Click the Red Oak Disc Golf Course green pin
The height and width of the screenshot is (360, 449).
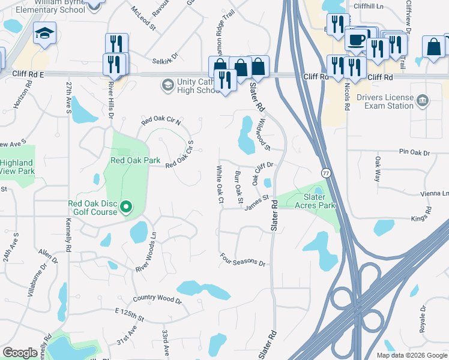coord(126,208)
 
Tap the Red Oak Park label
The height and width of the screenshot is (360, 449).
coord(135,160)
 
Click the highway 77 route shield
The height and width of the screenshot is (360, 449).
coord(325,173)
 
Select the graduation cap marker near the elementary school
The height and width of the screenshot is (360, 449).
coord(44,35)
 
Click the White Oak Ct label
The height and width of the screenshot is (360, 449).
coord(220,184)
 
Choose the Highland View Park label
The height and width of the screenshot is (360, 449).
coord(16,167)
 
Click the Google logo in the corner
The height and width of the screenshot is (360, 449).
coord(20,353)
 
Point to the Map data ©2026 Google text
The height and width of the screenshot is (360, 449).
coord(411,355)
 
